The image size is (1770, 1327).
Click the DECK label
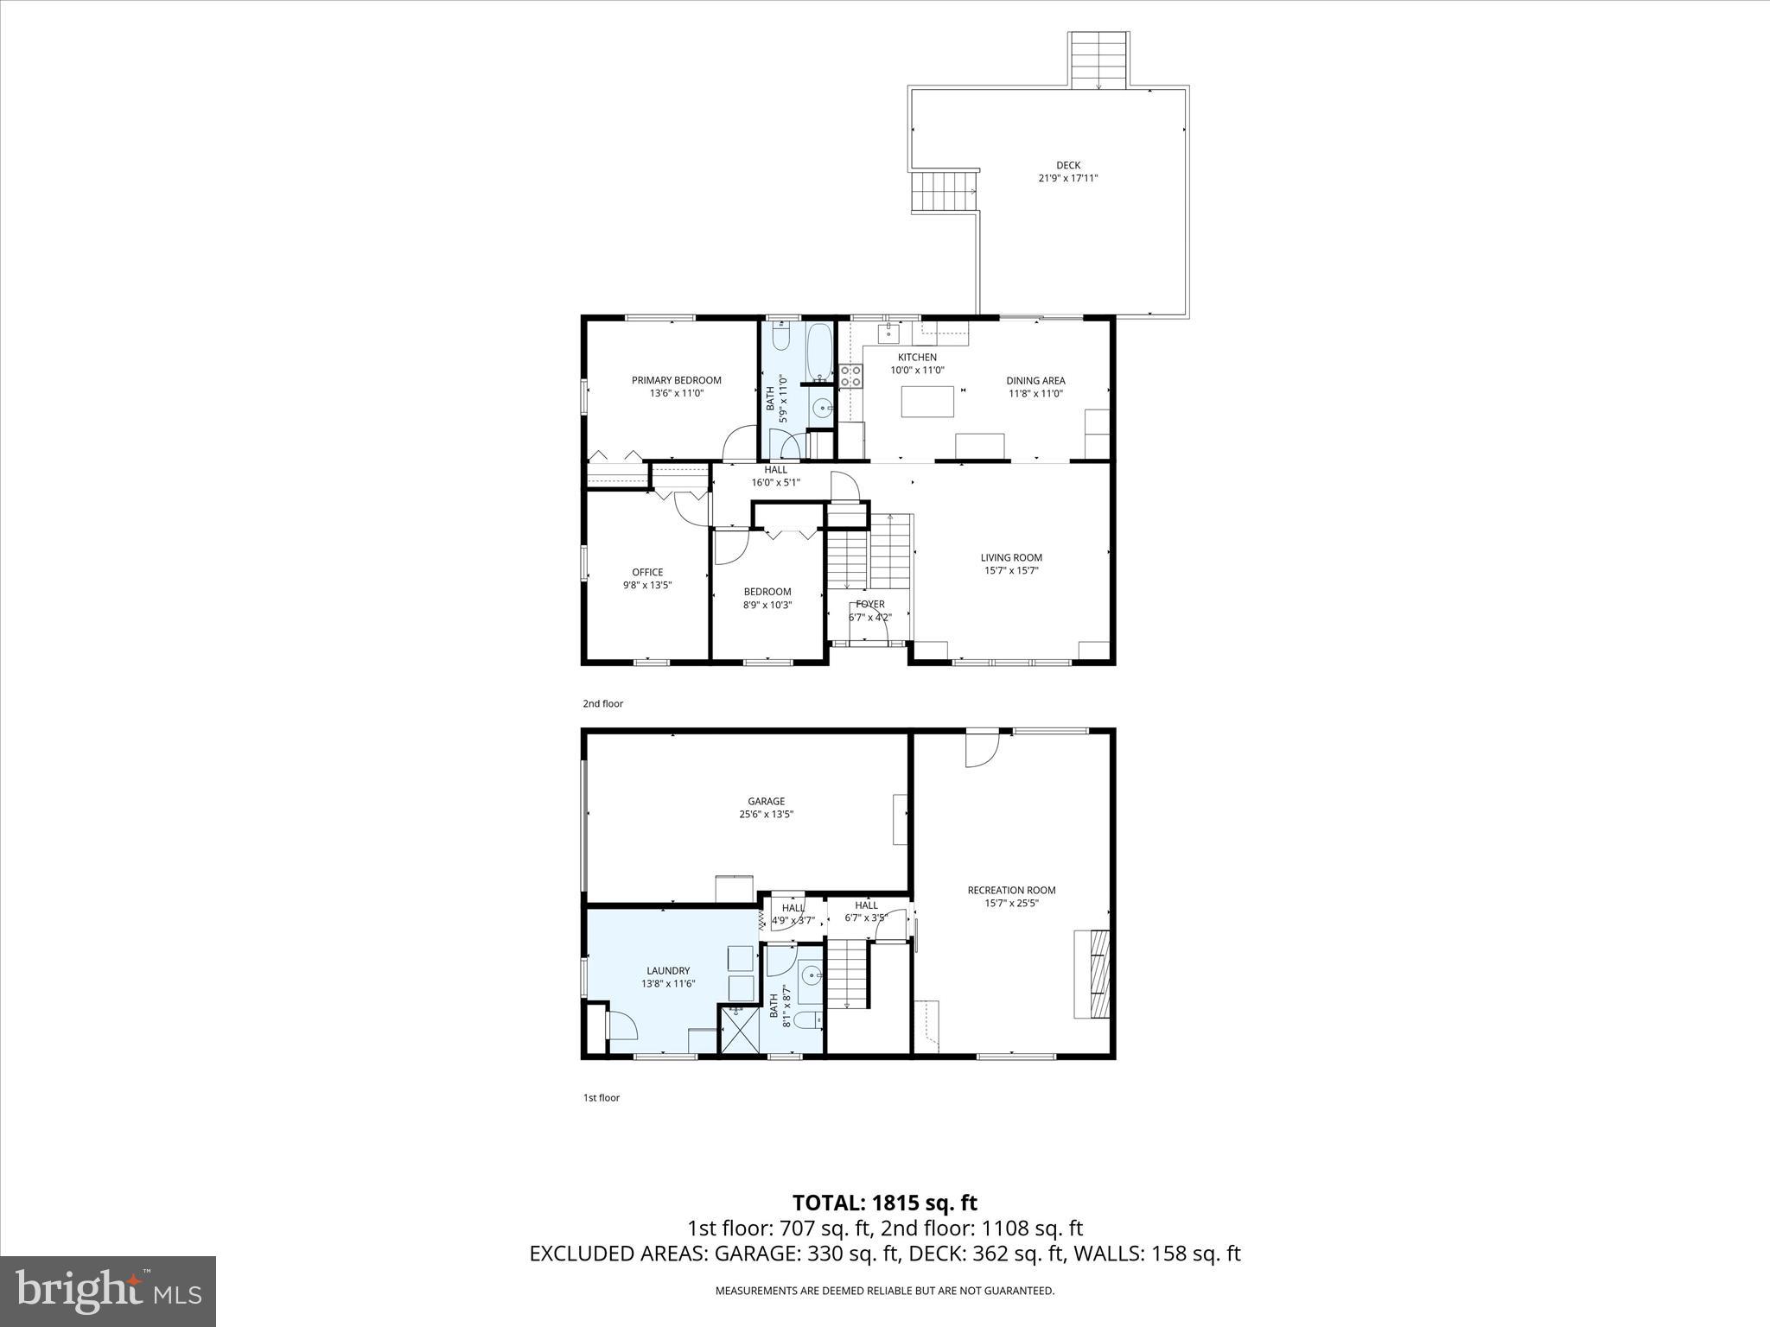(x=1068, y=165)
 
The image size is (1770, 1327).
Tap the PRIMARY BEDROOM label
(x=676, y=380)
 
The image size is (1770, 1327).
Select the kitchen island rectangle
(x=927, y=402)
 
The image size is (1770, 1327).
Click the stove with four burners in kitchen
(x=850, y=375)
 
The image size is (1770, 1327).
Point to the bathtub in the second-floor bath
(x=819, y=351)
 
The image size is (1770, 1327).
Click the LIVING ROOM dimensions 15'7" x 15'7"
(x=1011, y=570)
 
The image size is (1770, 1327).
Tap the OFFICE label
(x=647, y=572)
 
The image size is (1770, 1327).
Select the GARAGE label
(x=767, y=801)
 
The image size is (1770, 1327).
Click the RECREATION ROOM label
(x=1011, y=890)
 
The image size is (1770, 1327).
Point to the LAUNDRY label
(x=668, y=970)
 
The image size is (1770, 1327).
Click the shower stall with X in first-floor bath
(x=740, y=1030)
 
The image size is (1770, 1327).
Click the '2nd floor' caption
(x=602, y=703)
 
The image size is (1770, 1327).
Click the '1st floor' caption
(x=601, y=1098)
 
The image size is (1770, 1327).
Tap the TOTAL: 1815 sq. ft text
(x=884, y=1203)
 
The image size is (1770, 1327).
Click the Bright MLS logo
(x=108, y=1291)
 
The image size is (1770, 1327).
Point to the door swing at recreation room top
(x=983, y=749)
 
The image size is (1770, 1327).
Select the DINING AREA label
(x=1035, y=380)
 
